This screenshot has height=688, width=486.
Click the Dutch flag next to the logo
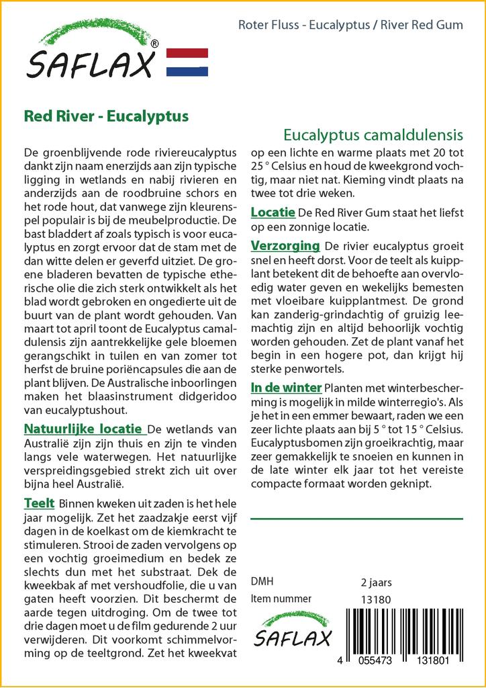[x=187, y=62]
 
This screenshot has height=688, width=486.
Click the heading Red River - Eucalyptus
[x=106, y=116]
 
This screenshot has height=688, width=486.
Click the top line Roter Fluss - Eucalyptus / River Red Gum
[x=350, y=26]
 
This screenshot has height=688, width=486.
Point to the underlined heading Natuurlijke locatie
[x=83, y=429]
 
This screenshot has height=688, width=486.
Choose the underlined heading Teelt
[x=39, y=503]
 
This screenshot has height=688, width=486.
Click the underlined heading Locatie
[x=273, y=212]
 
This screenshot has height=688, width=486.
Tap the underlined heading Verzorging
[x=285, y=245]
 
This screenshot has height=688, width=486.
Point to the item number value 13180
[x=375, y=599]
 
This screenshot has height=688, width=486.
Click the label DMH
[x=261, y=582]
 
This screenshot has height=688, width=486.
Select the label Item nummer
[x=281, y=599]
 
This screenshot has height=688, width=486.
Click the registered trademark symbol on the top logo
[x=154, y=44]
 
